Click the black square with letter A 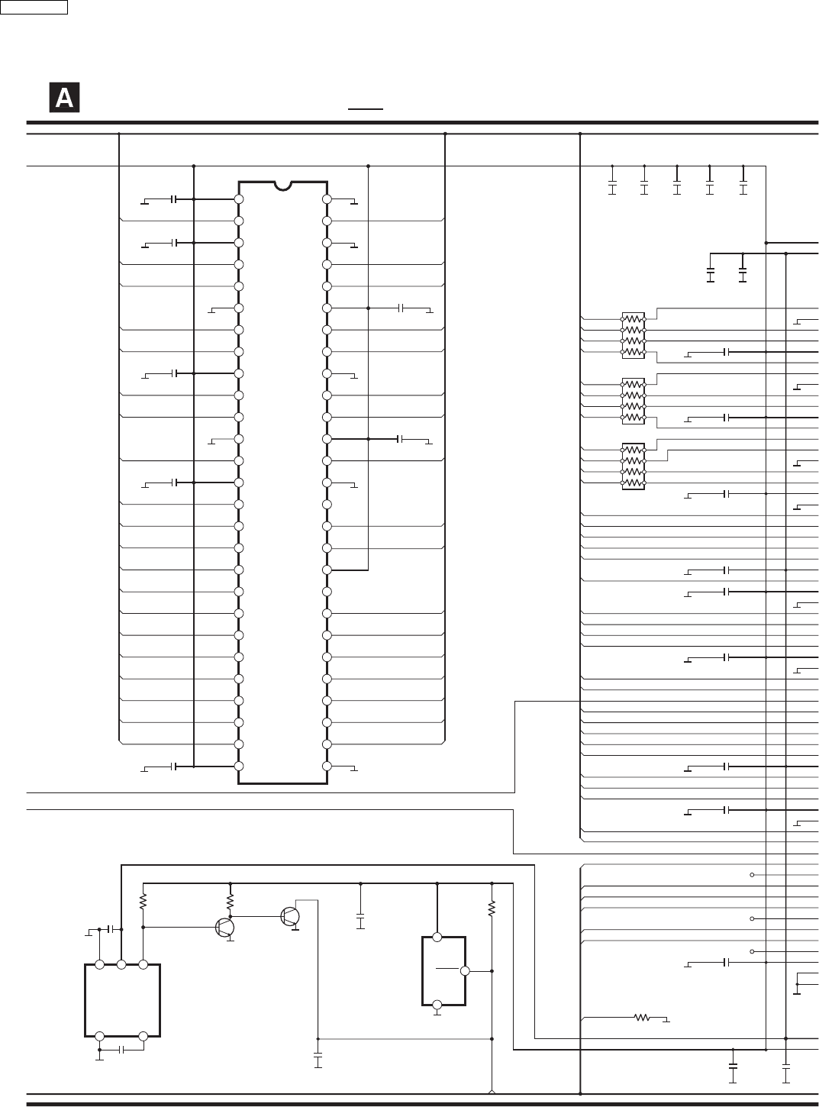click(64, 97)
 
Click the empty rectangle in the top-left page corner click(34, 7)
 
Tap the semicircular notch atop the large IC click(283, 186)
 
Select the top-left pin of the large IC click(239, 199)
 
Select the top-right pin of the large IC click(327, 199)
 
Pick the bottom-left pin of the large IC click(239, 766)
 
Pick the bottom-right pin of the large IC click(327, 766)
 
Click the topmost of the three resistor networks click(634, 335)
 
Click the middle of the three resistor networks click(634, 401)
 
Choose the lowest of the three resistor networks click(634, 466)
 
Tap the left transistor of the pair click(225, 928)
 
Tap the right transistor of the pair click(290, 917)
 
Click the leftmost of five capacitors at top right click(612, 186)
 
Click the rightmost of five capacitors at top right click(743, 186)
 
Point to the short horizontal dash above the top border click(366, 109)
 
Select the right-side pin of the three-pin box click(465, 971)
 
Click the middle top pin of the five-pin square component click(121, 965)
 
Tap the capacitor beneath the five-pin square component click(121, 1050)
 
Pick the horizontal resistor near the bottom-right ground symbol click(642, 1017)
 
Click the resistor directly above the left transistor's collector click(230, 902)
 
